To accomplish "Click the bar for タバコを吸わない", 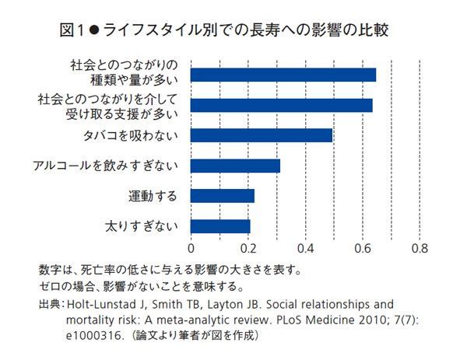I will tap(262, 135).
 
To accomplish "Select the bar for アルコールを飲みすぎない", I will tap(235, 166).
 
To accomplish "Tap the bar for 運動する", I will tap(223, 196).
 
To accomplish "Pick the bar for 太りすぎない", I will tap(220, 226).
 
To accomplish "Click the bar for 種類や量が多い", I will tap(283, 75).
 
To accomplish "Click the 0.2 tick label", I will tap(248, 249).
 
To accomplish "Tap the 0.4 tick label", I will tap(305, 249).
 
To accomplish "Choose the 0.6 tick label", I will tap(363, 249).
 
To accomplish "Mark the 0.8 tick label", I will tap(420, 249).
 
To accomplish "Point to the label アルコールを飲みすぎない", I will tap(106, 166).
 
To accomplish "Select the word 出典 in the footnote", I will tap(50, 304).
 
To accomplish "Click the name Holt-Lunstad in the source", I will tap(105, 304).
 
